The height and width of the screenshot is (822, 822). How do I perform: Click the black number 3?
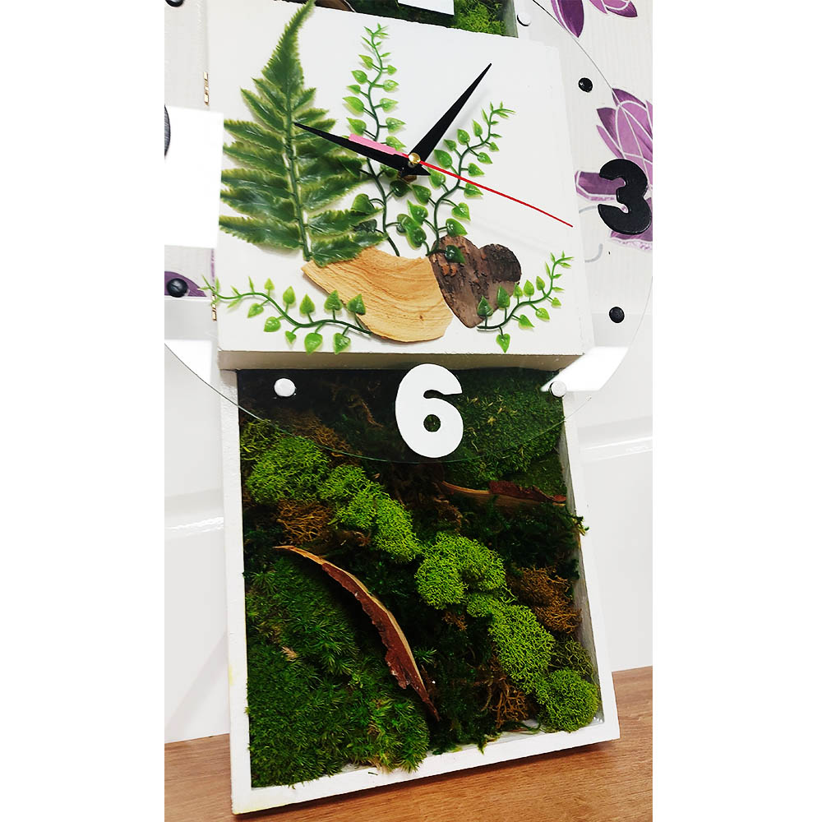[x=625, y=196]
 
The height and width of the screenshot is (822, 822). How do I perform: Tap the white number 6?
[x=429, y=409]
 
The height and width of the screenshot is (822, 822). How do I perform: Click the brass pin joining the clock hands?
[x=414, y=157]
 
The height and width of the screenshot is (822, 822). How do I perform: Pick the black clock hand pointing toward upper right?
[x=450, y=113]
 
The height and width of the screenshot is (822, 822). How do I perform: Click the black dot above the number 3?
[x=585, y=85]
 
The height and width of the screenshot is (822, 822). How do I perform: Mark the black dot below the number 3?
[x=616, y=315]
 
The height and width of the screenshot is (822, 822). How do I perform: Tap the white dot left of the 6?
[x=284, y=387]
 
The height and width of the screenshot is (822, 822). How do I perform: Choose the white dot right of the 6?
[x=558, y=389]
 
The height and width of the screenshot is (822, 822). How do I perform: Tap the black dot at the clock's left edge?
[x=177, y=287]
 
